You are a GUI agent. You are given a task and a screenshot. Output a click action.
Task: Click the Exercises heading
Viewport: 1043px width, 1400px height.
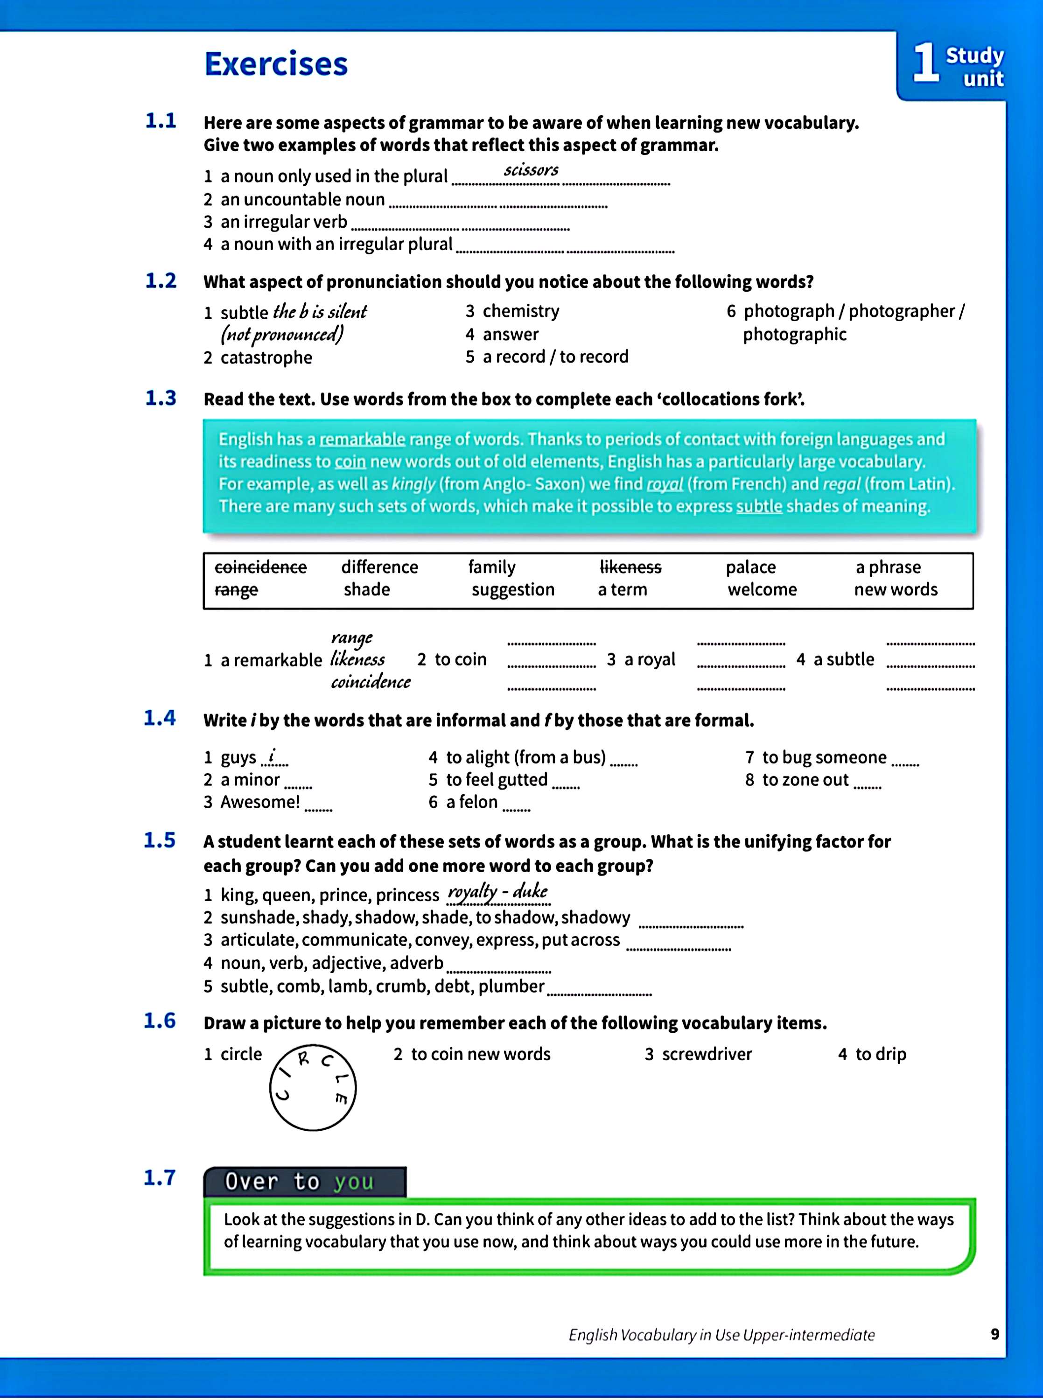[x=276, y=64]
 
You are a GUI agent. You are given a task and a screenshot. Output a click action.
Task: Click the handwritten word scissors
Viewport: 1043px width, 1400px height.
[x=531, y=170]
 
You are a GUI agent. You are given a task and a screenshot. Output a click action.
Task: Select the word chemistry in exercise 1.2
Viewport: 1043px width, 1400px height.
[x=521, y=311]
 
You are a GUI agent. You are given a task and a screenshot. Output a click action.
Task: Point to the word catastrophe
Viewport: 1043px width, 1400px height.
[x=266, y=358]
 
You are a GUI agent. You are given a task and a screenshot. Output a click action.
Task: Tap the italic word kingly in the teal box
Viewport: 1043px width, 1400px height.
[x=413, y=484]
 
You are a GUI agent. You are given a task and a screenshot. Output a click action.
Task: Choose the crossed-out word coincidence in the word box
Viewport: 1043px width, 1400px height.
[x=261, y=567]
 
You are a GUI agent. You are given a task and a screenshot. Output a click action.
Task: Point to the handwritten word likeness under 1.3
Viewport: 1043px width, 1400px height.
[x=357, y=659]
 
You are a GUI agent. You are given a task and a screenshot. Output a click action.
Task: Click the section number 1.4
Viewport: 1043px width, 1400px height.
[x=159, y=718]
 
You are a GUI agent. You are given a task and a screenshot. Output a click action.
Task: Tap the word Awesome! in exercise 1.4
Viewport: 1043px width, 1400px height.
[x=260, y=802]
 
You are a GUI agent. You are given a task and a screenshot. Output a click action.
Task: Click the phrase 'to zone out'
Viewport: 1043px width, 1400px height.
[x=805, y=780]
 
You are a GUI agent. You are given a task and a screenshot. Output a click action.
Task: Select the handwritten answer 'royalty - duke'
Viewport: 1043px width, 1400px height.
[x=497, y=891]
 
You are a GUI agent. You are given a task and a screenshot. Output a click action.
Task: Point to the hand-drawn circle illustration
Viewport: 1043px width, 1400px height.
[x=313, y=1087]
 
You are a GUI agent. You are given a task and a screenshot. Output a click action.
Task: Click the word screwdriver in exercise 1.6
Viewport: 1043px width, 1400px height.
[x=707, y=1054]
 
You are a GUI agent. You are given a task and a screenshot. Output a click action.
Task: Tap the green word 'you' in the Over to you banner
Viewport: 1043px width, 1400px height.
[x=354, y=1182]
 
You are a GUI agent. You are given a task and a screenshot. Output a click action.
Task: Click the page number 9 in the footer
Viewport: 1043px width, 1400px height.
[x=995, y=1334]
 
